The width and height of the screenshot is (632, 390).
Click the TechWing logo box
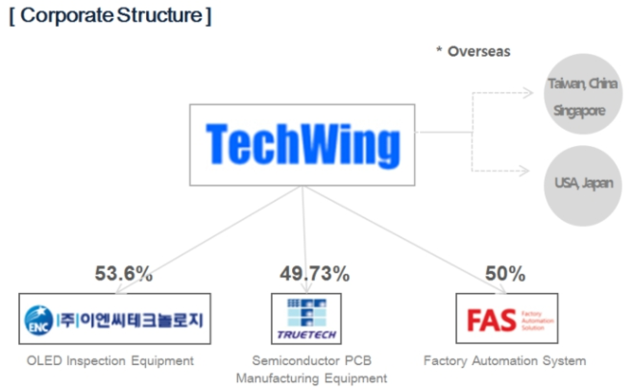302,144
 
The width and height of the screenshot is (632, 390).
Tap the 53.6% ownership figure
123,274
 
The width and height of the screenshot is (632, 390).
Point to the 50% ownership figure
504,274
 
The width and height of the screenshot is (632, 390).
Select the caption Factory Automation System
504,360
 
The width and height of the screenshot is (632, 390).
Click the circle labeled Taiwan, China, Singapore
578,96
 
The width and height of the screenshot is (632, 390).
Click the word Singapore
578,111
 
